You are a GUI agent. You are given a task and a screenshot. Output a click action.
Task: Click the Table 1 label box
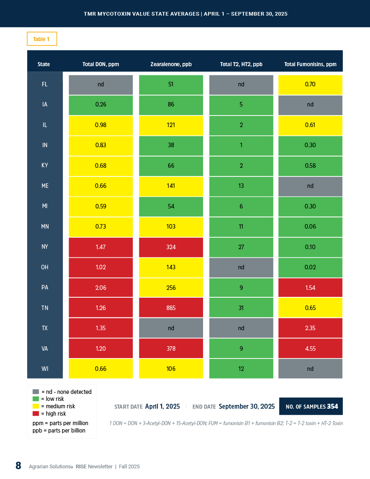pos(42,39)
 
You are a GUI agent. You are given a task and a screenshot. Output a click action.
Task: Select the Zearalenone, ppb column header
pos(171,64)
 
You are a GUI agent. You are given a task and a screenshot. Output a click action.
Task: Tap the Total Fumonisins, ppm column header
pos(310,64)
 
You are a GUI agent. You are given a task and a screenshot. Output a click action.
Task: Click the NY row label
pos(45,247)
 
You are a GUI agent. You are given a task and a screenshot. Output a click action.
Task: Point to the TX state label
pos(45,328)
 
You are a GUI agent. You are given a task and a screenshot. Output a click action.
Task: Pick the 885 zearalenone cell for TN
pos(171,308)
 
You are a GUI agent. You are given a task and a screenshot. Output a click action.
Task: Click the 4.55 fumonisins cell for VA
pos(310,348)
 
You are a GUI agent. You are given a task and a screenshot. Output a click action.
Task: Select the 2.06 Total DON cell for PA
pos(101,287)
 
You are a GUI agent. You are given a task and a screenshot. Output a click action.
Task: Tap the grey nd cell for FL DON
pos(101,84)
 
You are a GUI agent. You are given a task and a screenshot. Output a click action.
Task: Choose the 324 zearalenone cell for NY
pos(171,247)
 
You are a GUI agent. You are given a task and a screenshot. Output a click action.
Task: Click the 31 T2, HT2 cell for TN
pos(241,308)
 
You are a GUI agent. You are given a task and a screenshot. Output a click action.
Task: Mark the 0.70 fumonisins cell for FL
pos(310,84)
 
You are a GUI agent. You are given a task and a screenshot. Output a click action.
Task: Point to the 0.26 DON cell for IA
pos(101,104)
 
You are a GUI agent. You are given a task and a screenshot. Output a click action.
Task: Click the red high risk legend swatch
pos(36,414)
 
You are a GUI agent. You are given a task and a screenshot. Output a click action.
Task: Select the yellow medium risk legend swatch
pos(36,406)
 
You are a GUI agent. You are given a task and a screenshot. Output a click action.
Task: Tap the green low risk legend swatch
pos(36,399)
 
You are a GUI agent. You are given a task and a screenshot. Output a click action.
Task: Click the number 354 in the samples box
pos(332,406)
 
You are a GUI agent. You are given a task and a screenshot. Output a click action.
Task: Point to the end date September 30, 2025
pos(247,406)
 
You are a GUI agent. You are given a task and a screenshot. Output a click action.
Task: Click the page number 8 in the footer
pos(18,466)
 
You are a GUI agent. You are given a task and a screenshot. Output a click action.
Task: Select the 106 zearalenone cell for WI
pos(171,369)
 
